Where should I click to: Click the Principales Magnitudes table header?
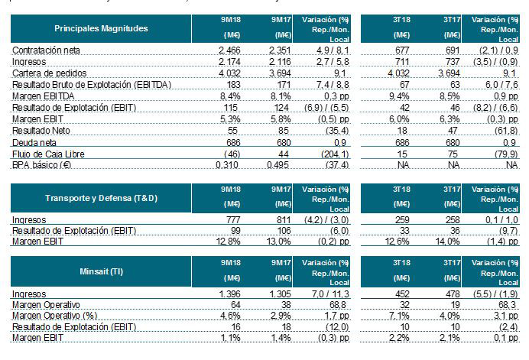(101, 28)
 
